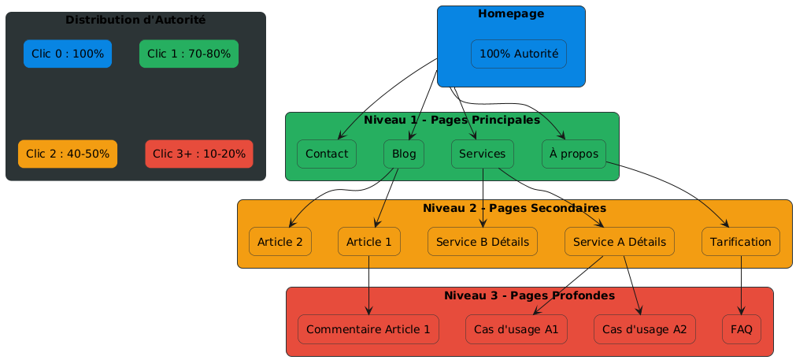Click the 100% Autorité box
click(519, 54)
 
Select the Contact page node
click(327, 154)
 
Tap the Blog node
click(404, 154)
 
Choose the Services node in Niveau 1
click(483, 154)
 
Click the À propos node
click(574, 154)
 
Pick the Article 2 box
click(280, 241)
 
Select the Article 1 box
click(369, 241)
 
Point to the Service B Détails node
click(483, 241)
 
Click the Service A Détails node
click(620, 241)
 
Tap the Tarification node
click(741, 241)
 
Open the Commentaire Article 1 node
click(368, 328)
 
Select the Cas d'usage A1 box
click(517, 328)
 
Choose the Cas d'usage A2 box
click(645, 328)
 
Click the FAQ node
click(742, 328)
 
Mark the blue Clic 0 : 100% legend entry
click(68, 54)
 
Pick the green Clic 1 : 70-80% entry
click(189, 54)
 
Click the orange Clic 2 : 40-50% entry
click(68, 154)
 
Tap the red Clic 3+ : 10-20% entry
click(199, 154)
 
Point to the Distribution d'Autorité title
click(135, 20)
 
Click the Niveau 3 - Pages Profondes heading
click(529, 295)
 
